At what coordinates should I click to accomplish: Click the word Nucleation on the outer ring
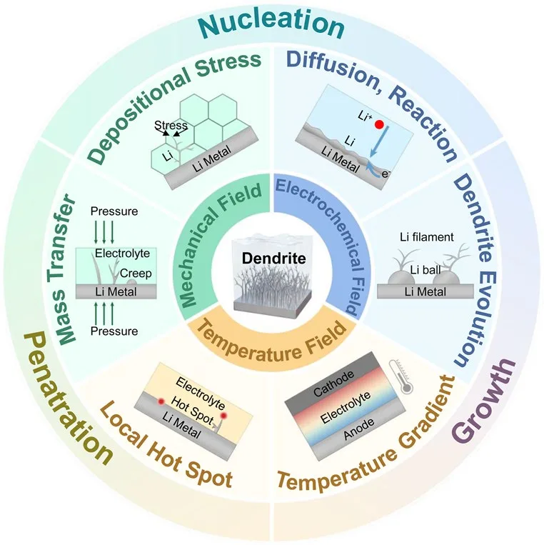point(272,25)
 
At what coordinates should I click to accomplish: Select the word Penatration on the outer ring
point(68,398)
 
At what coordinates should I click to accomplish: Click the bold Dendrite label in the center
point(274,259)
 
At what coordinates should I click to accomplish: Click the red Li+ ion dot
point(379,124)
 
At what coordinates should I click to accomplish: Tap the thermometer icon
point(401,376)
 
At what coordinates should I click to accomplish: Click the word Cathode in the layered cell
point(333,384)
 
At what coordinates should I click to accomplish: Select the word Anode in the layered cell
point(359,429)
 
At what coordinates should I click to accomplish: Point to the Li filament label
point(427,237)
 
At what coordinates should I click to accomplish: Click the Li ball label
point(425,270)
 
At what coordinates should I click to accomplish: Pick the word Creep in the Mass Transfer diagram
point(136,274)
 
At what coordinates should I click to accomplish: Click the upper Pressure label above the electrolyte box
point(114,211)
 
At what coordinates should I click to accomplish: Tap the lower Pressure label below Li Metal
point(114,331)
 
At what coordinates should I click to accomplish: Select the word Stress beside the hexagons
point(171,125)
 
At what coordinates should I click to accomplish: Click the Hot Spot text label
point(192,411)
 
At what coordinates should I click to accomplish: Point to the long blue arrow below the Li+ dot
point(379,142)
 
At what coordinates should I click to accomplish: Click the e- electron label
point(386,174)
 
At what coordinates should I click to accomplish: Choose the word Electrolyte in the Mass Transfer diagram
point(122,253)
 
